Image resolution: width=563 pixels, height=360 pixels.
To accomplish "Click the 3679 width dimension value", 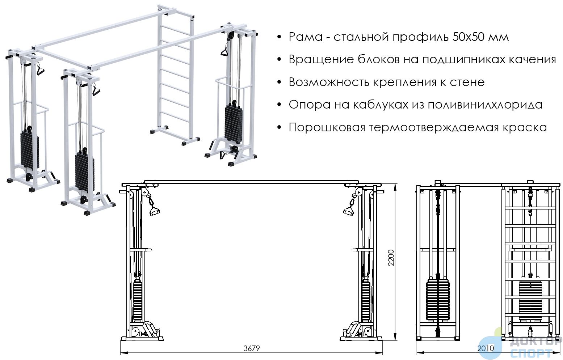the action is pos(251,348).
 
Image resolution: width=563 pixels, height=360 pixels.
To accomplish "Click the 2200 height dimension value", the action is pos(391,258).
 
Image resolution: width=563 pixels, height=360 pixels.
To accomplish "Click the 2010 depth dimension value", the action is pos(486,348).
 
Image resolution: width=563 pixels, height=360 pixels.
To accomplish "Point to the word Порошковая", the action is pos(327,127).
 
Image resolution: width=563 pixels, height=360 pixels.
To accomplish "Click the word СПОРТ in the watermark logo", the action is pos(532,353).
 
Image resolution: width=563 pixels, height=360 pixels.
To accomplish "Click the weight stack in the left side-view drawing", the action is pos(438,300).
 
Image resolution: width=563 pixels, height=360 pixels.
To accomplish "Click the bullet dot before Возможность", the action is pos(279,82).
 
